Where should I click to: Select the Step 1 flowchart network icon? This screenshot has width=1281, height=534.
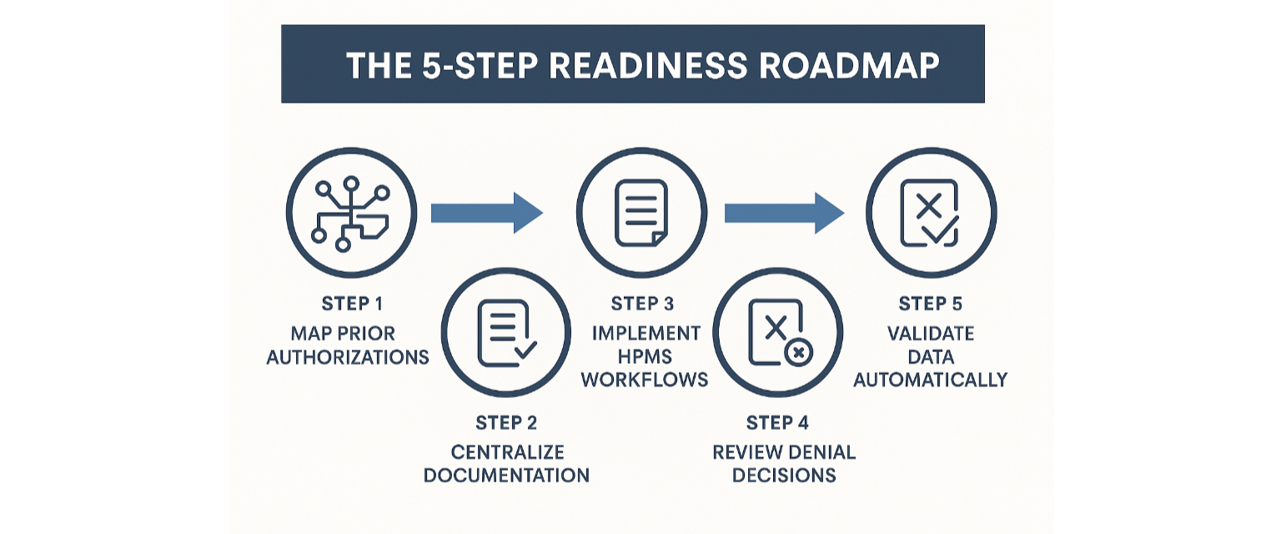[351, 213]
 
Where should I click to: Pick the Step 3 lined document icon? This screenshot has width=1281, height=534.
[641, 213]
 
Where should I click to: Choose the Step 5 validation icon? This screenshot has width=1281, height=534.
[931, 213]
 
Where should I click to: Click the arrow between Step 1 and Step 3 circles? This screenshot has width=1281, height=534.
[486, 213]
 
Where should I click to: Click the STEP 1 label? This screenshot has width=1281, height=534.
[347, 305]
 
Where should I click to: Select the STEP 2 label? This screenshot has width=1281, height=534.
[506, 423]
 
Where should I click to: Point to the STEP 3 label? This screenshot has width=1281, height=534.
[641, 305]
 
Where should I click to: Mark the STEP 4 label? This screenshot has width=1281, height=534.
[778, 423]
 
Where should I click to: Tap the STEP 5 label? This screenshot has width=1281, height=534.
[931, 305]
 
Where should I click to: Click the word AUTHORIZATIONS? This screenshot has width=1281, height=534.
[348, 358]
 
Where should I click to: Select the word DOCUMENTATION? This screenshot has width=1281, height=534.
[506, 476]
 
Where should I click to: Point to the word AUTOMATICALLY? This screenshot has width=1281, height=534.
[931, 380]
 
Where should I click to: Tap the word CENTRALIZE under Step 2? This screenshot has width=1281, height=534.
[507, 453]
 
